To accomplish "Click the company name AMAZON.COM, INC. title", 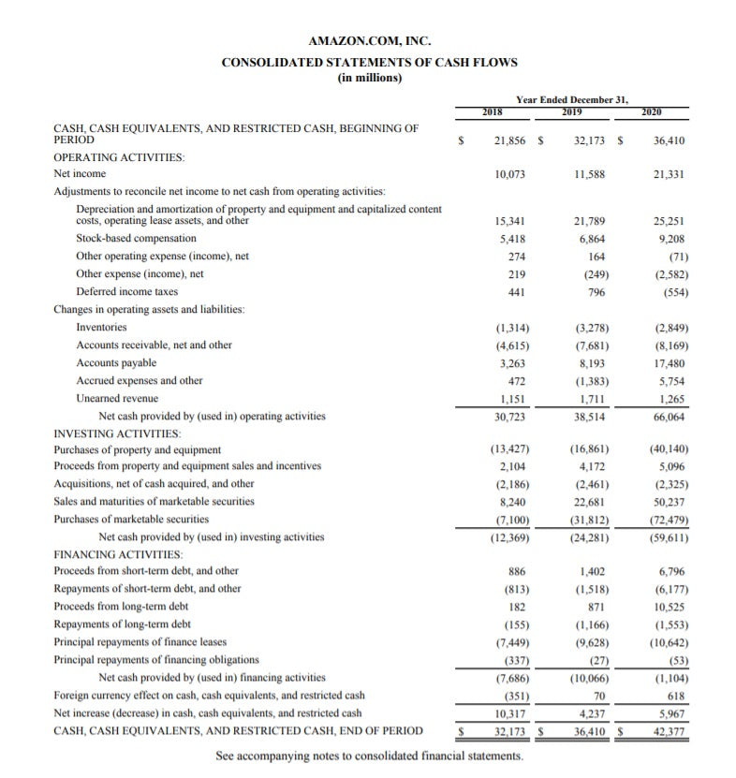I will click(x=368, y=41).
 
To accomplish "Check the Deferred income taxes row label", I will click(x=126, y=292).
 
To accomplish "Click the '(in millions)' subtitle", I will click(x=368, y=78).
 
